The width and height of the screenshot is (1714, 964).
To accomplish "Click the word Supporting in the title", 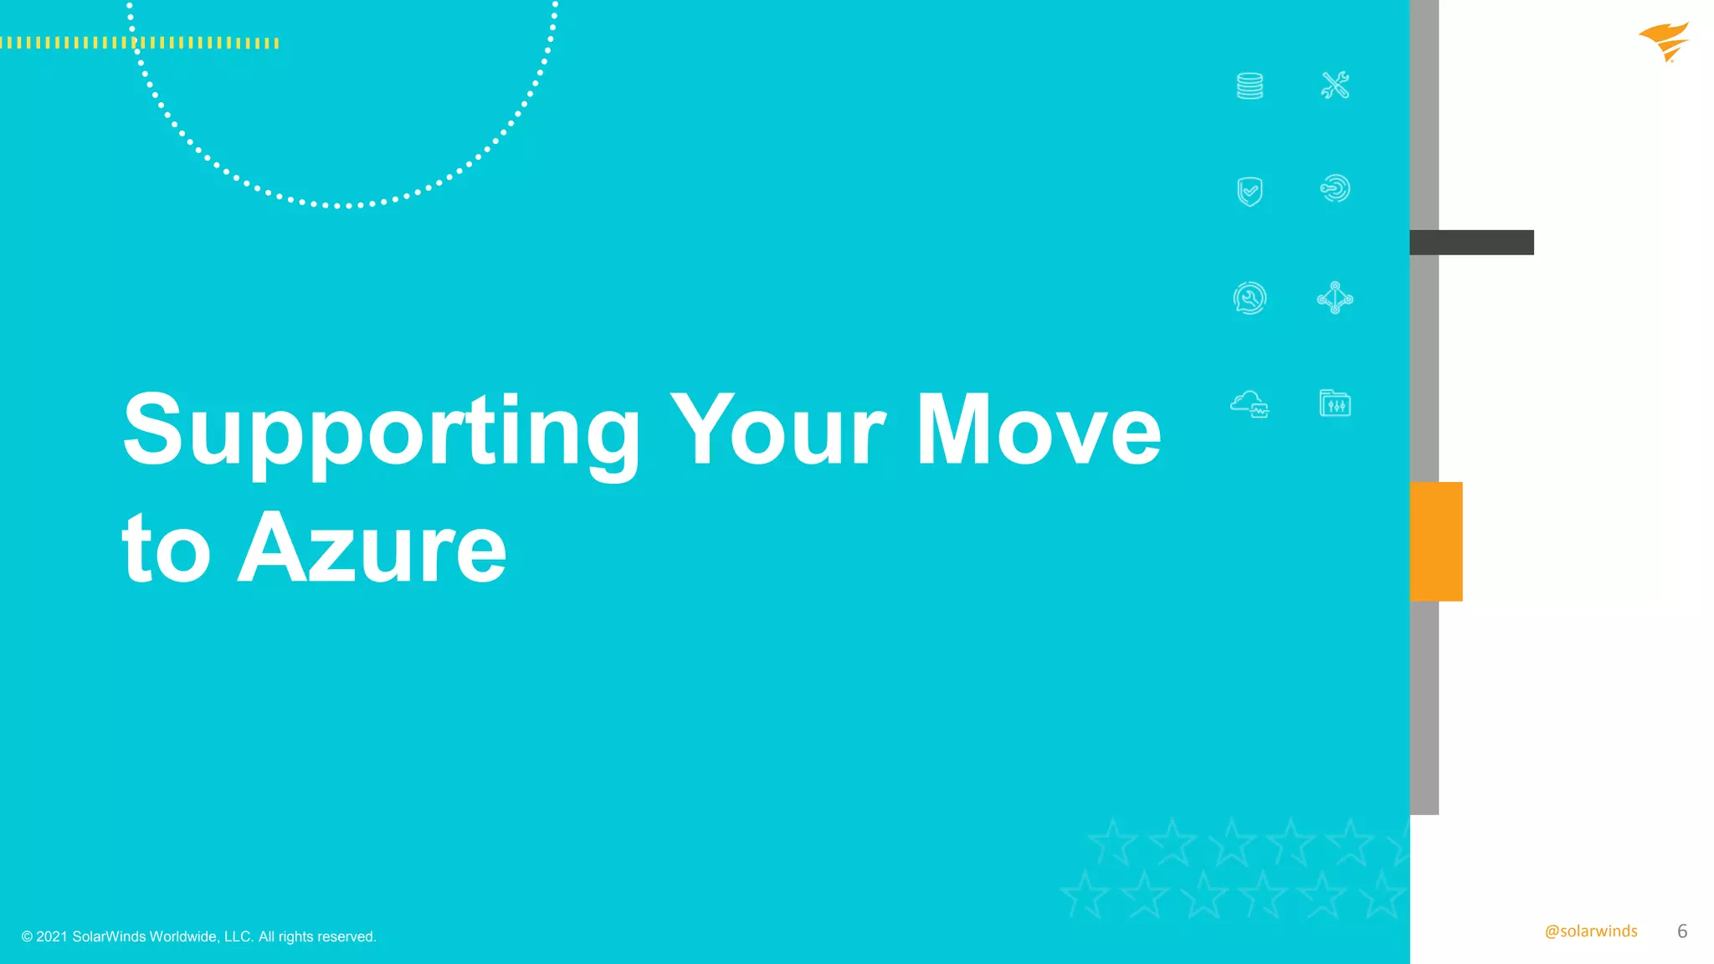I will click(x=381, y=431).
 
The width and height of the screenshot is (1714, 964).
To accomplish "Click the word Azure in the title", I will click(x=372, y=549).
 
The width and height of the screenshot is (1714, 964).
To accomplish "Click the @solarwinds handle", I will click(x=1591, y=931).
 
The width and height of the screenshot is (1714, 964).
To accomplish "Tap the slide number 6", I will click(x=1682, y=931).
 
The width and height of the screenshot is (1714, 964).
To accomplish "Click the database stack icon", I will click(x=1250, y=85).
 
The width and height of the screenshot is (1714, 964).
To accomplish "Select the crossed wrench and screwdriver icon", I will click(x=1335, y=85).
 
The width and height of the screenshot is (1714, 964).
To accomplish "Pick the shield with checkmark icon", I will click(x=1250, y=191).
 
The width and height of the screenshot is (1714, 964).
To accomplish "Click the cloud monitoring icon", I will click(x=1250, y=404).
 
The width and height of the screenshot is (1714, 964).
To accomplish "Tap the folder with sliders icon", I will click(x=1335, y=403).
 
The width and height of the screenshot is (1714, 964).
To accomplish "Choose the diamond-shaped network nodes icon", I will click(x=1335, y=298).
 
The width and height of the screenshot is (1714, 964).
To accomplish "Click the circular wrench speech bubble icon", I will click(x=1250, y=298).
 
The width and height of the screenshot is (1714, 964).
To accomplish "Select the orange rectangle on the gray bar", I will click(x=1436, y=541).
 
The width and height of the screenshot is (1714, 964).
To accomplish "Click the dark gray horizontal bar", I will click(x=1471, y=243).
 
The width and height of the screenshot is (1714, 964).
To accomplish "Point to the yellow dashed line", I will click(x=139, y=43).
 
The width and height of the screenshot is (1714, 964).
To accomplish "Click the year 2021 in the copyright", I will click(x=52, y=936).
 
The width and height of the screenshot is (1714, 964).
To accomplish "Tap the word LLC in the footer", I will click(x=238, y=936).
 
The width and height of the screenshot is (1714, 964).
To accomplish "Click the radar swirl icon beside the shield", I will click(x=1335, y=188).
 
